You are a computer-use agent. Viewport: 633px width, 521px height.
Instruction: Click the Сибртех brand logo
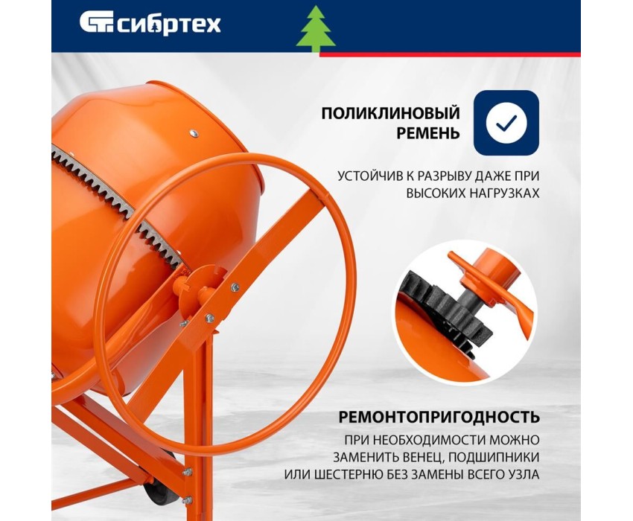pyautogui.click(x=150, y=23)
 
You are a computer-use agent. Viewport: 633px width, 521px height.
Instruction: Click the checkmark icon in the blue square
pyautogui.click(x=506, y=123)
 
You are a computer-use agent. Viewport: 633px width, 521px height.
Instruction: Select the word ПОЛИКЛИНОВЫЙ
pyautogui.click(x=390, y=113)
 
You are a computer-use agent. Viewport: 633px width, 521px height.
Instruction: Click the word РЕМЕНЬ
pyautogui.click(x=428, y=133)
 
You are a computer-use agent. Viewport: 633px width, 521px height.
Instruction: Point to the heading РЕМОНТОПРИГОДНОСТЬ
pyautogui.click(x=439, y=417)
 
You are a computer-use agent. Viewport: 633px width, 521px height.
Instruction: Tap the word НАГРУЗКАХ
pyautogui.click(x=504, y=194)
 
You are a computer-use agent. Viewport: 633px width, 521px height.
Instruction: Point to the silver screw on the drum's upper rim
pyautogui.click(x=194, y=133)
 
